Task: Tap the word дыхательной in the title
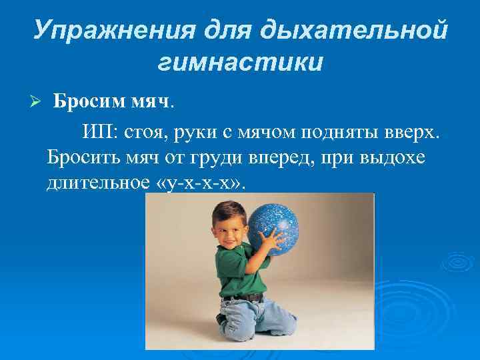click(x=353, y=29)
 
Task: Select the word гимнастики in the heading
click(x=241, y=62)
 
